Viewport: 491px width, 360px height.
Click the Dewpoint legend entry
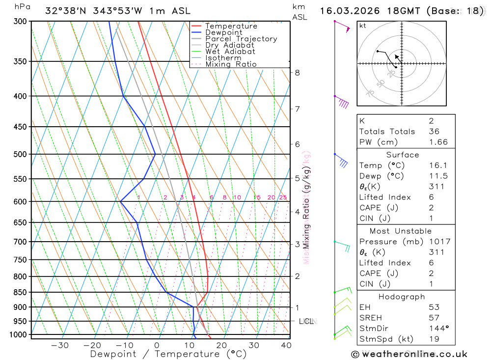(223, 32)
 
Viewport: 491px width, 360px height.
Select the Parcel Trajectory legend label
(241, 39)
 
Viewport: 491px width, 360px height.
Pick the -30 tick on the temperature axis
(60, 345)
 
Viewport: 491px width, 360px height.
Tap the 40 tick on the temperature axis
(286, 345)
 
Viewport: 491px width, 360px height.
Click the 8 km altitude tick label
(297, 73)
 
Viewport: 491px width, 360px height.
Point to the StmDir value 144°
(437, 328)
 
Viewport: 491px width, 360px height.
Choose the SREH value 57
(434, 318)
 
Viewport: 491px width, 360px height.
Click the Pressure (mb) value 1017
(439, 242)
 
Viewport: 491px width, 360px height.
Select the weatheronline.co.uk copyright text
(409, 354)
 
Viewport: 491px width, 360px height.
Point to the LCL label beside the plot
(306, 321)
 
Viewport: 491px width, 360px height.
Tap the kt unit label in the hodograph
(363, 26)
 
